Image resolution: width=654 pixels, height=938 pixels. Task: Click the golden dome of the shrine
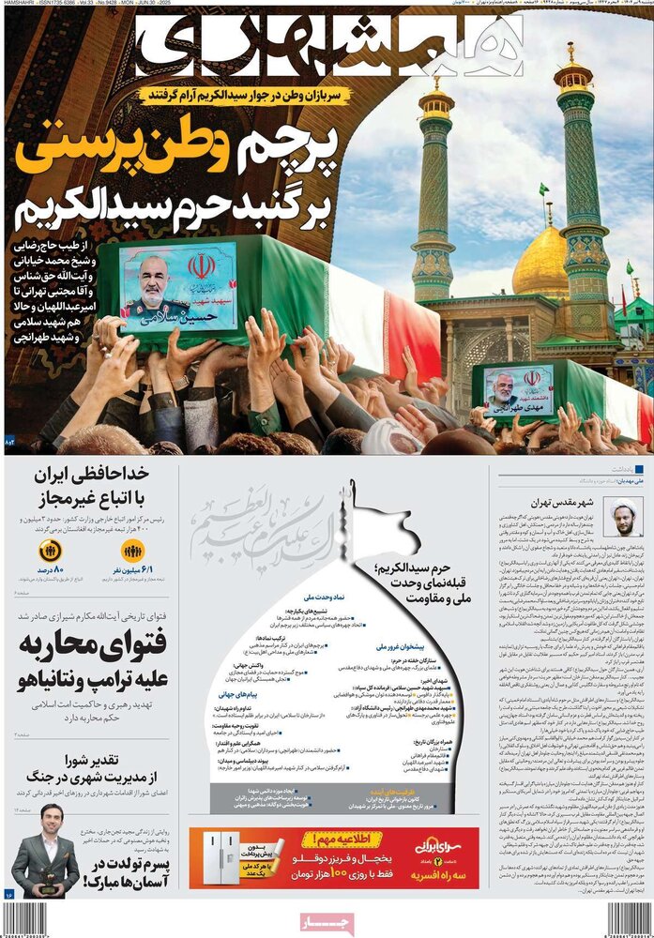pyautogui.click(x=540, y=262)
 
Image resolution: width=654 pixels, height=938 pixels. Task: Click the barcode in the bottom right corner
pyautogui.click(x=627, y=920)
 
